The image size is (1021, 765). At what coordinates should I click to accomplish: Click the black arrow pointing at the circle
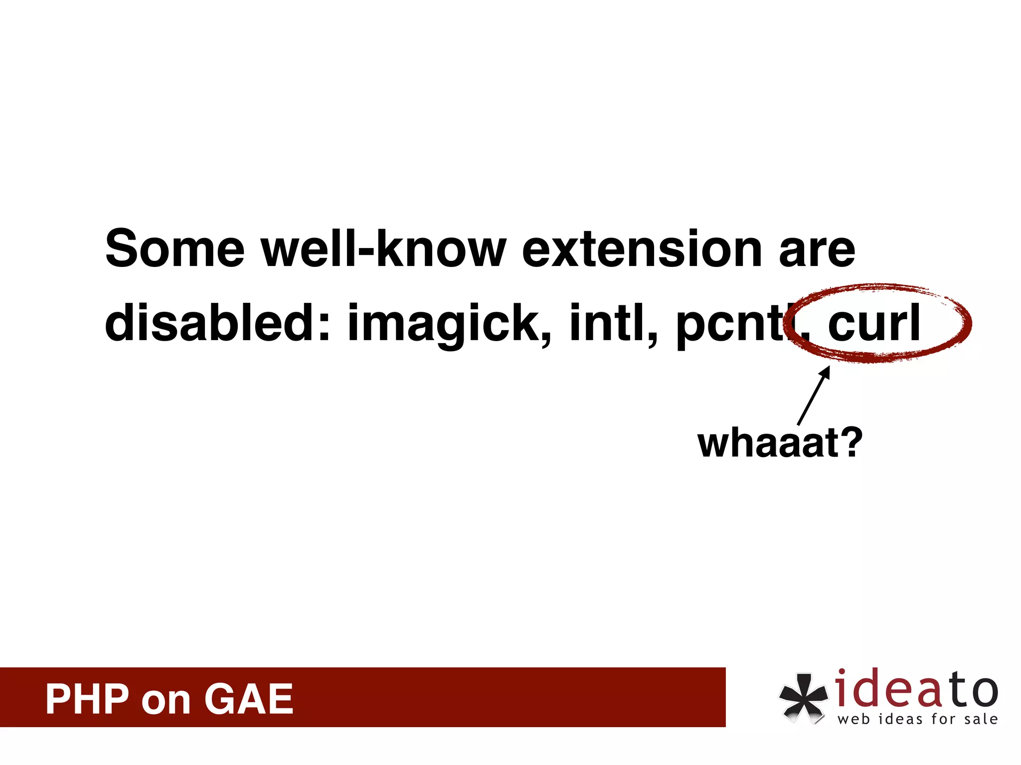tap(814, 395)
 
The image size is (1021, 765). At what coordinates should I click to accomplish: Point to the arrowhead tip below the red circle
tap(829, 368)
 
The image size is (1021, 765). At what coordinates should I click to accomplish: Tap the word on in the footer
tap(166, 701)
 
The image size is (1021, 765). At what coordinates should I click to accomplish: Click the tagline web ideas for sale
tap(917, 719)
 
